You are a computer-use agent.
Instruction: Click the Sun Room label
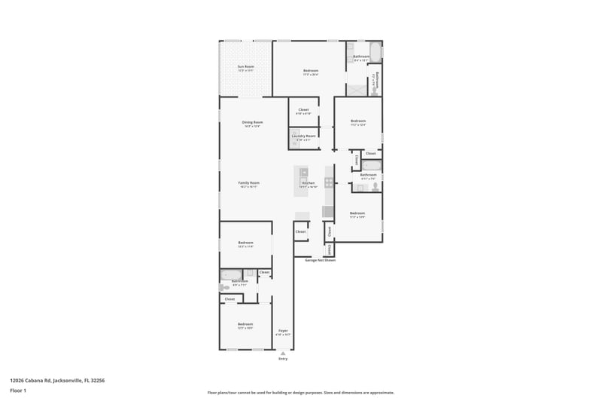(245, 68)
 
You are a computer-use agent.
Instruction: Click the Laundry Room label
(304, 137)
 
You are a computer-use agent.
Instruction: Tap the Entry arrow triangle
(283, 352)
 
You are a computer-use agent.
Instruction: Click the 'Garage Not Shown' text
(320, 260)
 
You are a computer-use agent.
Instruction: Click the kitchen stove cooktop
(329, 182)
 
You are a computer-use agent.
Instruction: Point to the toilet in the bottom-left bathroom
(223, 287)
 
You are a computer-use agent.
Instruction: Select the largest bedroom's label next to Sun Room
(310, 72)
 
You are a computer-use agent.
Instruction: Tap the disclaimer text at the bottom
(300, 393)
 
